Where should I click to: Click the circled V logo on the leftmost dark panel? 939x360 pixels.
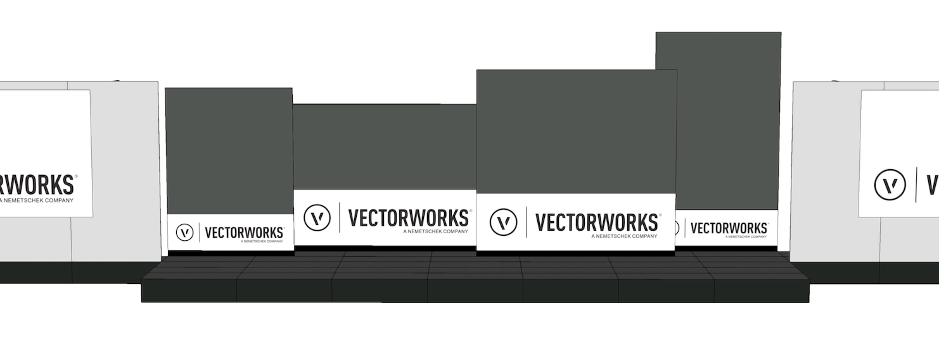pos(184,233)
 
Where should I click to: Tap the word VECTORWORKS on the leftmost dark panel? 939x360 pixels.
pos(244,233)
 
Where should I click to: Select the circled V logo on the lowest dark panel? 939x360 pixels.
pos(317,217)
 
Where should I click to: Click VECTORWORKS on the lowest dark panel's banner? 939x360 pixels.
pos(408,217)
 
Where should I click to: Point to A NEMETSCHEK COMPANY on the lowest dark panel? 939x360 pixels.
pos(435,231)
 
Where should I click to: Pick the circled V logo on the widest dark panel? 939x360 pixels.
pos(504,222)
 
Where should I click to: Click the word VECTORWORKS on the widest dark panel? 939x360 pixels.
pos(596,222)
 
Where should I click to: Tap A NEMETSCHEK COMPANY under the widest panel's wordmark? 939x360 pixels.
pos(624,236)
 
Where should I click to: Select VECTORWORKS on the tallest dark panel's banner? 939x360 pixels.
pos(729,228)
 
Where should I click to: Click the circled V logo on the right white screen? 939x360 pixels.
pos(890,185)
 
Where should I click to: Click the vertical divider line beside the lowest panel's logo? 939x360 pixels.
pos(340,217)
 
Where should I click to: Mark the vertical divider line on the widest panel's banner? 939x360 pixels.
pos(526,222)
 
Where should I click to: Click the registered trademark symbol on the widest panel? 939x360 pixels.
pos(660,215)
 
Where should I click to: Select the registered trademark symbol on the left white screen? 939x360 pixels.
pos(76,177)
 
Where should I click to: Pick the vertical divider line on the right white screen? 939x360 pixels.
pos(916,185)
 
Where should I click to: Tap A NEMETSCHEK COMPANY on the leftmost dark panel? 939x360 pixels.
pos(262,241)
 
